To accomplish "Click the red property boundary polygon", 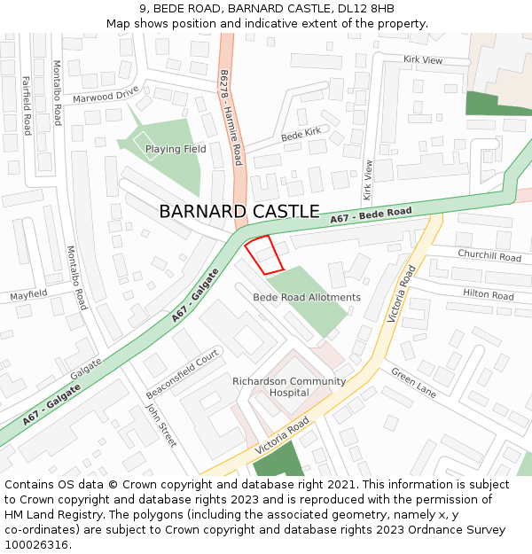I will coord(264,254).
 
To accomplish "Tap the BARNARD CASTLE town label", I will coord(239,212).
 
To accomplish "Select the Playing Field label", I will coord(176,149).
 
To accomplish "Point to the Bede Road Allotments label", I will coord(307,298).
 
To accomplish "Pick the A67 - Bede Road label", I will coord(372,215).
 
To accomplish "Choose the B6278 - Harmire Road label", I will coord(230,118).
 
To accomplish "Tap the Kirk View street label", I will coord(423,59).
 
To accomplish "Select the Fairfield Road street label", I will coord(27,105).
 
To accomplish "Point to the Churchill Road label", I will coord(489,256).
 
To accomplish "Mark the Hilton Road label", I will coord(489,295).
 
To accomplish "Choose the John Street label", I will coord(161,425).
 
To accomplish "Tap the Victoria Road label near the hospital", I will coord(283,437).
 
